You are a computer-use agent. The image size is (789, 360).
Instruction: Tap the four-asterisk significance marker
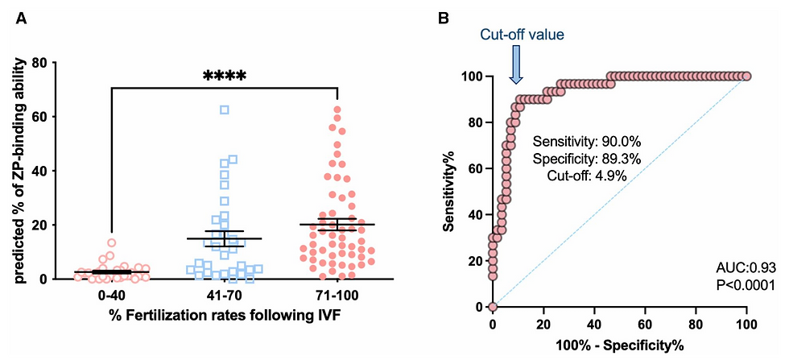224,77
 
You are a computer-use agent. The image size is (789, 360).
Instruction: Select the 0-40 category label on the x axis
111,296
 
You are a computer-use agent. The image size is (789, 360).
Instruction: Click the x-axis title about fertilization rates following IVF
224,315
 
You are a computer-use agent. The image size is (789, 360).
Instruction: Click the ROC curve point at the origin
493,307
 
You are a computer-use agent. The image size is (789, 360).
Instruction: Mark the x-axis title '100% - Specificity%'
620,347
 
